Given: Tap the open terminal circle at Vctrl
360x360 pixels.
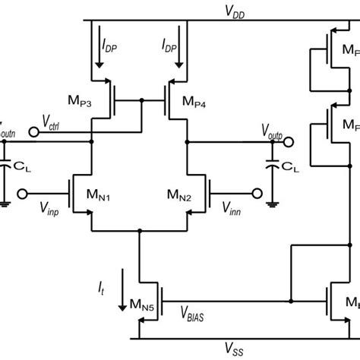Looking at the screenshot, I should pos(31,132).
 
